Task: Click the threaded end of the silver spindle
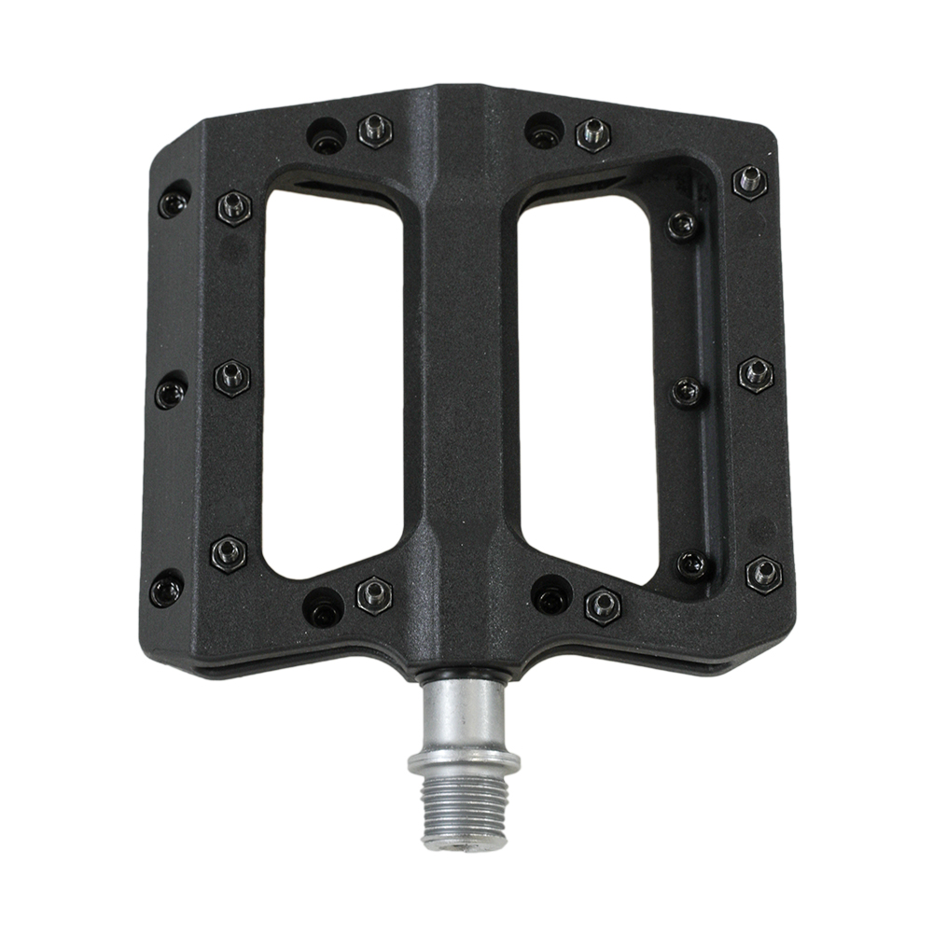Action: click(x=464, y=812)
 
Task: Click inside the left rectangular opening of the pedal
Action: click(x=333, y=383)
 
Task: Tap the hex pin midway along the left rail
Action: click(x=231, y=378)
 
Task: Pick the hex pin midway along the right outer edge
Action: click(x=756, y=374)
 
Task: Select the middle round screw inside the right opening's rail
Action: click(x=688, y=392)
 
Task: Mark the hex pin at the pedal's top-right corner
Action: click(x=749, y=182)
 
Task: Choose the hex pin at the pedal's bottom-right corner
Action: click(x=763, y=573)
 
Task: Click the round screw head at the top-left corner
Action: click(x=174, y=202)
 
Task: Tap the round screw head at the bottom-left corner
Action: click(x=167, y=589)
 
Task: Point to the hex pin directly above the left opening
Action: click(x=375, y=130)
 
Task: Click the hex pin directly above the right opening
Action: click(x=592, y=134)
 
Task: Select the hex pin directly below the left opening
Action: click(x=374, y=594)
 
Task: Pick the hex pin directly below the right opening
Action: click(x=603, y=605)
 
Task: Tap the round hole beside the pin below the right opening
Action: click(x=550, y=594)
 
